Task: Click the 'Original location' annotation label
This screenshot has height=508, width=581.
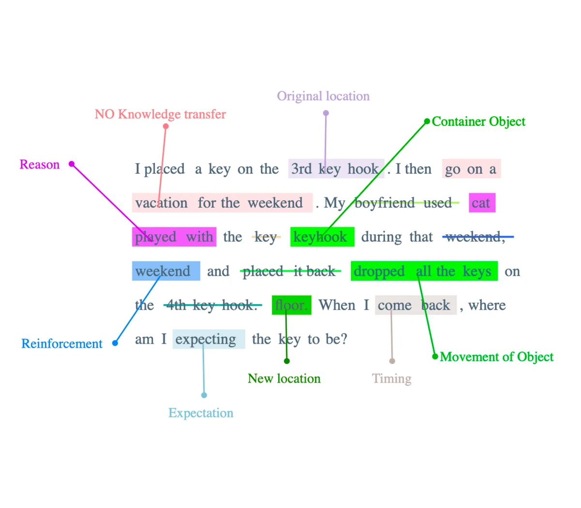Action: coord(323,96)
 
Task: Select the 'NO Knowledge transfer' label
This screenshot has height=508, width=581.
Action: coord(160,114)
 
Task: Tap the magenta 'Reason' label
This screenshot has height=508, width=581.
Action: coord(40,165)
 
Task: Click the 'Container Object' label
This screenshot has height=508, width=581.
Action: coord(478,122)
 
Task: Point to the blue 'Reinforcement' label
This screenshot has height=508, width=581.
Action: coord(62,344)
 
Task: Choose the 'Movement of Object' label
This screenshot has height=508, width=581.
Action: coord(496,357)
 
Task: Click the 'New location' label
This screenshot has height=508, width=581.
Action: coord(284,379)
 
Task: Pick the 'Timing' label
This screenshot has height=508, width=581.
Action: coord(392,379)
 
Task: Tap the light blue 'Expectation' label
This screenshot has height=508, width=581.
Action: coord(201,413)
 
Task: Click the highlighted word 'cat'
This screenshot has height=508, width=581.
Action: coord(481,203)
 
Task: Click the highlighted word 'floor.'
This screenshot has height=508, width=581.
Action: coord(291,305)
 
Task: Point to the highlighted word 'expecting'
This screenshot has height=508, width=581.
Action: coord(206,339)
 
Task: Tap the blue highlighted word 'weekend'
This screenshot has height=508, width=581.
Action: coord(163,271)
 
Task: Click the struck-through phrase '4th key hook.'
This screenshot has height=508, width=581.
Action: coord(211,305)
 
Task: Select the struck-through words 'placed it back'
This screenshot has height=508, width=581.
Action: coord(289,271)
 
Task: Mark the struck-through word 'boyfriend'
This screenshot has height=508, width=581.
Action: coord(384,203)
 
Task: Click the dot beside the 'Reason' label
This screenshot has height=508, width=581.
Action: coord(72,164)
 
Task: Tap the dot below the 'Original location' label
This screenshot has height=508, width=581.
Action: coord(326,113)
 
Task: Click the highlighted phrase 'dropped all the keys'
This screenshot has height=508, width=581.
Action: coord(423,271)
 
